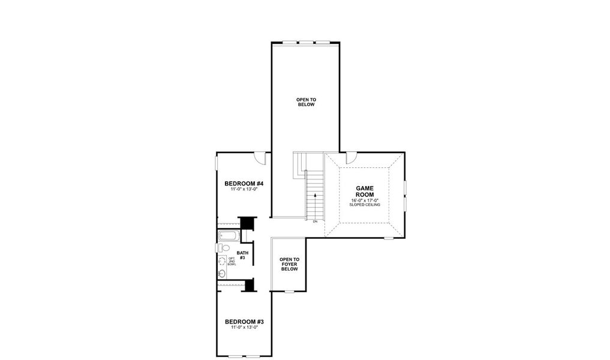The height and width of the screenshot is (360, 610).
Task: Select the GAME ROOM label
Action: [x=365, y=191]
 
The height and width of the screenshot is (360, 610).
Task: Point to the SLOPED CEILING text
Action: [x=365, y=205]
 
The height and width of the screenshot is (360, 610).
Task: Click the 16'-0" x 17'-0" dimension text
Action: [x=365, y=200]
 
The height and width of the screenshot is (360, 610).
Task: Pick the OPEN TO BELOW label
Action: [x=305, y=102]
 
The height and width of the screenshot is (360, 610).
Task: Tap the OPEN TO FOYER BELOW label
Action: [x=289, y=265]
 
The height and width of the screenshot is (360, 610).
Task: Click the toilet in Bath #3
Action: [x=222, y=247]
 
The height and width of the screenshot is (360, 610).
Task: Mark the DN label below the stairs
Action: [x=315, y=222]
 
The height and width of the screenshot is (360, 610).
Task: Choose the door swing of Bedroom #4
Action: [x=260, y=158]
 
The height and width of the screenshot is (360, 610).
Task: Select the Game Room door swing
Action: [x=351, y=158]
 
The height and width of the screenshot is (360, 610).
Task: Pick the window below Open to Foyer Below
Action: [x=289, y=292]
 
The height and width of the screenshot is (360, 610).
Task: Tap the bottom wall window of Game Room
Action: [x=389, y=238]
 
